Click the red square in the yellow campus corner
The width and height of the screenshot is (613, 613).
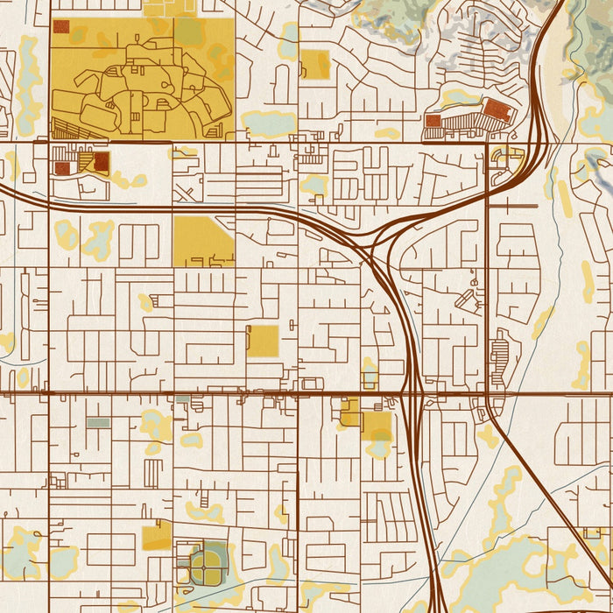(x=61, y=27)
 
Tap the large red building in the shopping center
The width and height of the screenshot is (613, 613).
(x=497, y=109)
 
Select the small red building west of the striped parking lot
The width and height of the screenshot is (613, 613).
(x=433, y=121)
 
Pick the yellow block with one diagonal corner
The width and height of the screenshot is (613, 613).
(x=202, y=240)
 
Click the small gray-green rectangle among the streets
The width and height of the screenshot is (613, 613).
(x=98, y=423)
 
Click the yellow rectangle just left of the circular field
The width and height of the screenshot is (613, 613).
(x=157, y=535)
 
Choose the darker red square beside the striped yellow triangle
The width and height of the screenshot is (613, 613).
(x=102, y=161)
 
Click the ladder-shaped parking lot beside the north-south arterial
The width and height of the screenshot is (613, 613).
(x=500, y=355)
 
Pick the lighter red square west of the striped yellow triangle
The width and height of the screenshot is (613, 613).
(x=61, y=167)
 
